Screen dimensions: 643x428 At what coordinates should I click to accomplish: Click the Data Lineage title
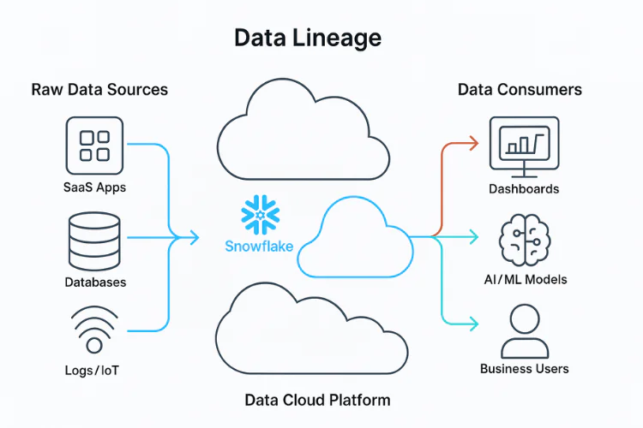point(308,39)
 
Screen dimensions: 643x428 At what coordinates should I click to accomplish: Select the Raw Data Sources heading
point(99,89)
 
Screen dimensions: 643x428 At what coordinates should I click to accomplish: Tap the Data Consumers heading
point(520,89)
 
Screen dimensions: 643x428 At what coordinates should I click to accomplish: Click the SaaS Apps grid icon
point(94,146)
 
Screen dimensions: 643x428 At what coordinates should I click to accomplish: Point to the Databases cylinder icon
point(94,241)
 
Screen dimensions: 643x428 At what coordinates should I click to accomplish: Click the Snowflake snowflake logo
point(260,214)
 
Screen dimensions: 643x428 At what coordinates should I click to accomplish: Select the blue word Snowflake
point(259,247)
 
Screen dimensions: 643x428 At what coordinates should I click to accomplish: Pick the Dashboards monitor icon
point(524,146)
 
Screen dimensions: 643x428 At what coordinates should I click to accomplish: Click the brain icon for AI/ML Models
point(525,240)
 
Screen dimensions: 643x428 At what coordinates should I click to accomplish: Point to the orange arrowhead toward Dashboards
point(474,143)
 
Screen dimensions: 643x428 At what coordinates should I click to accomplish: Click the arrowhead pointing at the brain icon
point(474,237)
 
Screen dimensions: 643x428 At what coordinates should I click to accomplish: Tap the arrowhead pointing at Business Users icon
point(474,324)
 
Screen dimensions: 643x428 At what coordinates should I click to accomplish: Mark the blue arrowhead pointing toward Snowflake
point(195,238)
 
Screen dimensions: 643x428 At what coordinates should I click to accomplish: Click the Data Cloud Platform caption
point(317,400)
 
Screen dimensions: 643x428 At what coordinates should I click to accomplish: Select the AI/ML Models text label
point(526,279)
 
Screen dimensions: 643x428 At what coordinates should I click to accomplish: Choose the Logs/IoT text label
point(92,371)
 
